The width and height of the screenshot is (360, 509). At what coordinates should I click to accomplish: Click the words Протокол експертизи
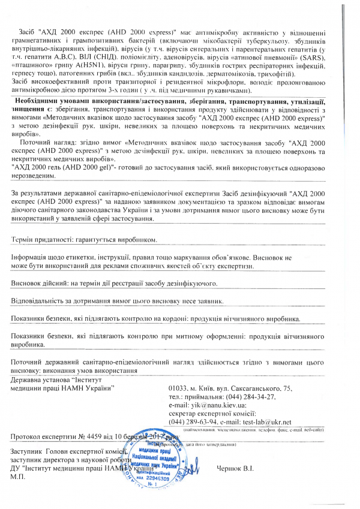40,437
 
